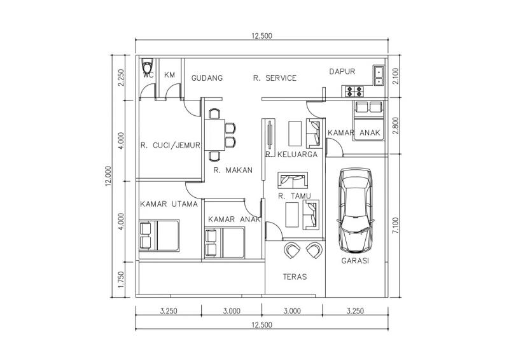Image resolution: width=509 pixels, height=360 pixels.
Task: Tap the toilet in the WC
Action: coord(148,66)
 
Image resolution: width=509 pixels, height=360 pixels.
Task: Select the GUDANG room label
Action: coord(207,78)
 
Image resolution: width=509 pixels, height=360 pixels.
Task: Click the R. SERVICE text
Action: coord(274,78)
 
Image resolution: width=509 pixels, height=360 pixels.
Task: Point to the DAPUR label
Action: coord(342,71)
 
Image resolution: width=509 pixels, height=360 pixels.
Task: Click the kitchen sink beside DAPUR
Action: coord(379,76)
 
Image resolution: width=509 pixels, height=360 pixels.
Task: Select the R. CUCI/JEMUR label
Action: coord(170,145)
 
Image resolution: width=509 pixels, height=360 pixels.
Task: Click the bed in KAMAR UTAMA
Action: coord(159,235)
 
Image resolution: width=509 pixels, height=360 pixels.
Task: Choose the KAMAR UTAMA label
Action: coord(169,204)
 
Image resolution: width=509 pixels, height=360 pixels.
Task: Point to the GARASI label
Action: coord(355,261)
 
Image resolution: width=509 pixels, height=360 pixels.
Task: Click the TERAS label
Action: coord(295,277)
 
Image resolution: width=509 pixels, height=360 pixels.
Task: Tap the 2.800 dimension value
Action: coord(396,126)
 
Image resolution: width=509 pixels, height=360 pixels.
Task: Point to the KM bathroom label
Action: coord(169,75)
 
